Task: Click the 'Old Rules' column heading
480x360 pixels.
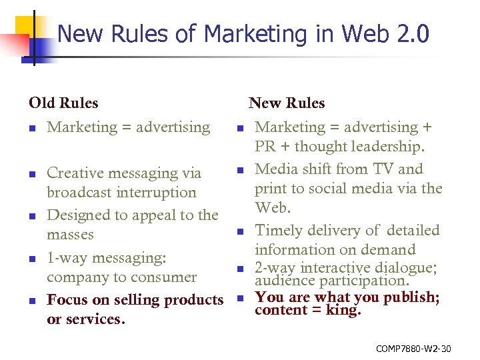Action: [63, 103]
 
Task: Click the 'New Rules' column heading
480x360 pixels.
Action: [287, 103]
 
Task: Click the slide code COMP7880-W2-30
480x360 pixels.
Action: [413, 348]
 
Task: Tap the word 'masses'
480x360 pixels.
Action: [70, 235]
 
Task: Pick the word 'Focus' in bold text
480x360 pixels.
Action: [67, 300]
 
